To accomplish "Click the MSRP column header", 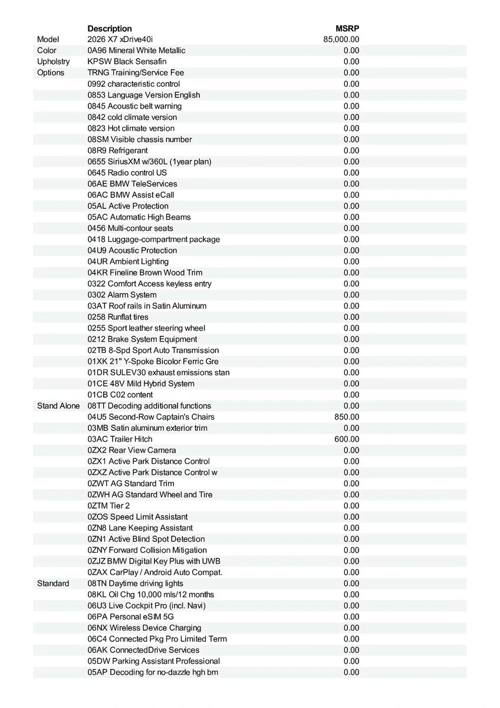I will (347, 28).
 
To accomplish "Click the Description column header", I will (110, 28).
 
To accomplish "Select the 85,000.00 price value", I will (341, 40).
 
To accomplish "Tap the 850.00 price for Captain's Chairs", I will (347, 417).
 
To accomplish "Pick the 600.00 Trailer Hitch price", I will (347, 439).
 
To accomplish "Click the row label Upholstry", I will (53, 61).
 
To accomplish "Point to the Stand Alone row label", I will (58, 406).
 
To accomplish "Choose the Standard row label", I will (53, 584).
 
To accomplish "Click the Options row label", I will (51, 73).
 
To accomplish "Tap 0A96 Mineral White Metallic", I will (136, 51).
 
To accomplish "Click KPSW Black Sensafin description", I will (127, 61).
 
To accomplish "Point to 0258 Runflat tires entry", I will (118, 317).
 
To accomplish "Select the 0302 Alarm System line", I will (122, 295).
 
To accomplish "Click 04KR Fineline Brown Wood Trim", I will (144, 273).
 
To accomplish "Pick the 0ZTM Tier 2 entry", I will (108, 506).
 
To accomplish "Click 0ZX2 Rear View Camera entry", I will (131, 450).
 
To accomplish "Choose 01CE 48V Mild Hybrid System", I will (141, 383).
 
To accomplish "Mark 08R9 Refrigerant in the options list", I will (118, 150).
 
